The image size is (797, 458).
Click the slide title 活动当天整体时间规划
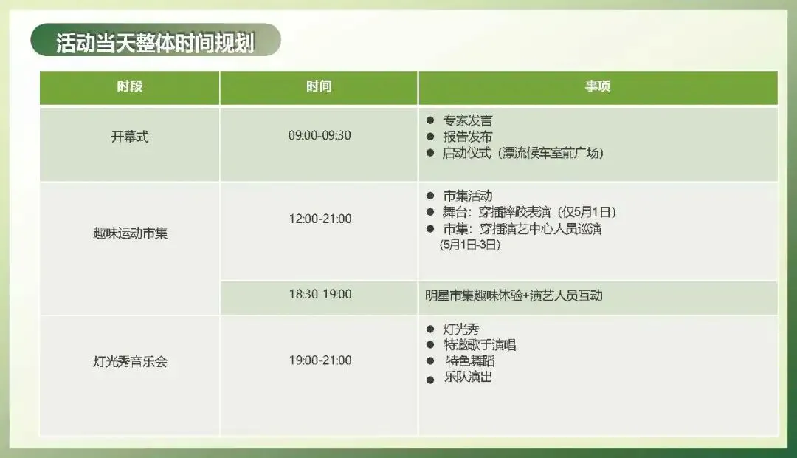155,42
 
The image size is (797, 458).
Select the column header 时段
129,86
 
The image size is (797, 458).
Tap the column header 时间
319,86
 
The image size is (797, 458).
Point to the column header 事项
598,86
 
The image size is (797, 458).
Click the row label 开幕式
129,137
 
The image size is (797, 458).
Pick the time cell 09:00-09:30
319,135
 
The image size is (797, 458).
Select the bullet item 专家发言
467,120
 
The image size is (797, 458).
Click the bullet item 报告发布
467,137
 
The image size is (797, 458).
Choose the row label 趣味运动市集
129,235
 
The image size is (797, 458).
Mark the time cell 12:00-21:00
319,219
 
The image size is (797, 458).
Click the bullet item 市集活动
467,196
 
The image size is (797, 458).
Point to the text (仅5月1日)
587,213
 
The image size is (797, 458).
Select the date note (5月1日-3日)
469,245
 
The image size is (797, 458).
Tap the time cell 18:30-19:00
319,294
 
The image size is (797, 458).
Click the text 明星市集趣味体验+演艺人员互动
514,295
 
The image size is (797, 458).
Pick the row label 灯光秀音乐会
129,362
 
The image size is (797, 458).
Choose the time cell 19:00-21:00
319,360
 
